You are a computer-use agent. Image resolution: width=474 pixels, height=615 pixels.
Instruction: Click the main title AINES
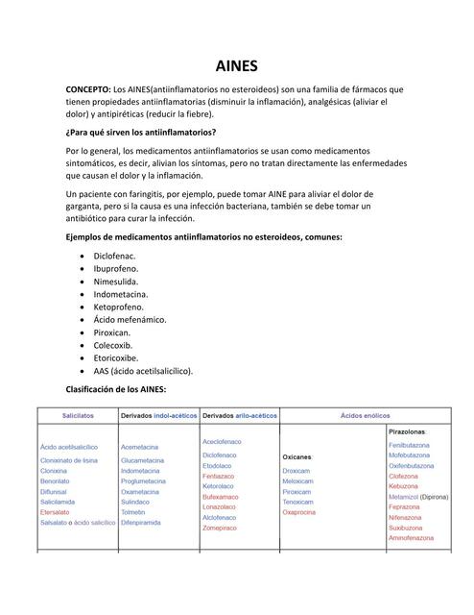pyautogui.click(x=236, y=66)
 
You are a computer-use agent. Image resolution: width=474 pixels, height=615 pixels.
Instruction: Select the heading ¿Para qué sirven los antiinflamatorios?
pyautogui.click(x=140, y=133)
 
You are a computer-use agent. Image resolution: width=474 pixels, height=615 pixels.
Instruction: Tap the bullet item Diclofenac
pyautogui.click(x=114, y=257)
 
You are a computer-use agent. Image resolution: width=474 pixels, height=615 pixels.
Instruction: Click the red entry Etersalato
pyautogui.click(x=56, y=512)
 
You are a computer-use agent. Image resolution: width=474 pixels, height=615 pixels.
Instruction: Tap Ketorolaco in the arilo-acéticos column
pyautogui.click(x=219, y=486)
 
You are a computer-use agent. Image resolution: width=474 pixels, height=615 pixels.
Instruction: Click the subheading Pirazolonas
pyautogui.click(x=409, y=431)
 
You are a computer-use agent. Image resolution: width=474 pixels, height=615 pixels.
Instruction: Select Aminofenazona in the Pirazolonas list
pyautogui.click(x=414, y=538)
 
